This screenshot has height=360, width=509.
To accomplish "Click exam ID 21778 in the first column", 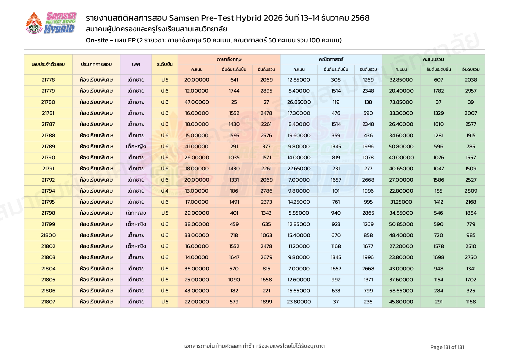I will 48,80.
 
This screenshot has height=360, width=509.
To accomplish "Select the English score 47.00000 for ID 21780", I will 197,102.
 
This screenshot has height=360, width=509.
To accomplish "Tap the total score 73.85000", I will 401,102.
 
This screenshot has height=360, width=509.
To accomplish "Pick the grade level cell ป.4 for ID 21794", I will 165,191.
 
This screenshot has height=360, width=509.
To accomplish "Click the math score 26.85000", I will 299,102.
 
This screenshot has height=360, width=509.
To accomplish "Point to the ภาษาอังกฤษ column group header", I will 229,59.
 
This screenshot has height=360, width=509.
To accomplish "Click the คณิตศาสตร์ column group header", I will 331,59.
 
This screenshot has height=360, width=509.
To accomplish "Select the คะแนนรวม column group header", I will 433,59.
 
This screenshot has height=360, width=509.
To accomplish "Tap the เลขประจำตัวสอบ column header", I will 48,64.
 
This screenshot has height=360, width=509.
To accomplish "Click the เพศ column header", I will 136,64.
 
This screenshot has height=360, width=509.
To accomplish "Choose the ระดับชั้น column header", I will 165,64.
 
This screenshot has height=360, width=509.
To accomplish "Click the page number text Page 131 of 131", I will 447,347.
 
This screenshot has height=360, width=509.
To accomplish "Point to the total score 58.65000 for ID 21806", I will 401,291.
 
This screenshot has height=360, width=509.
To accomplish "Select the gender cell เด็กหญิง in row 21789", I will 136,146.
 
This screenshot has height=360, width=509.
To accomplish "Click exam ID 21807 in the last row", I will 48,302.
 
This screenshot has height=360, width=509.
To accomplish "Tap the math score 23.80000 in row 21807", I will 299,302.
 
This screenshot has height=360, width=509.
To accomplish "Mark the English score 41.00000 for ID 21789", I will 197,146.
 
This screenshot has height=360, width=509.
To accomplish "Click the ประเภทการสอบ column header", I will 96,64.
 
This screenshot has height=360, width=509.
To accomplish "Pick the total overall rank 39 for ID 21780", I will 471,102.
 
